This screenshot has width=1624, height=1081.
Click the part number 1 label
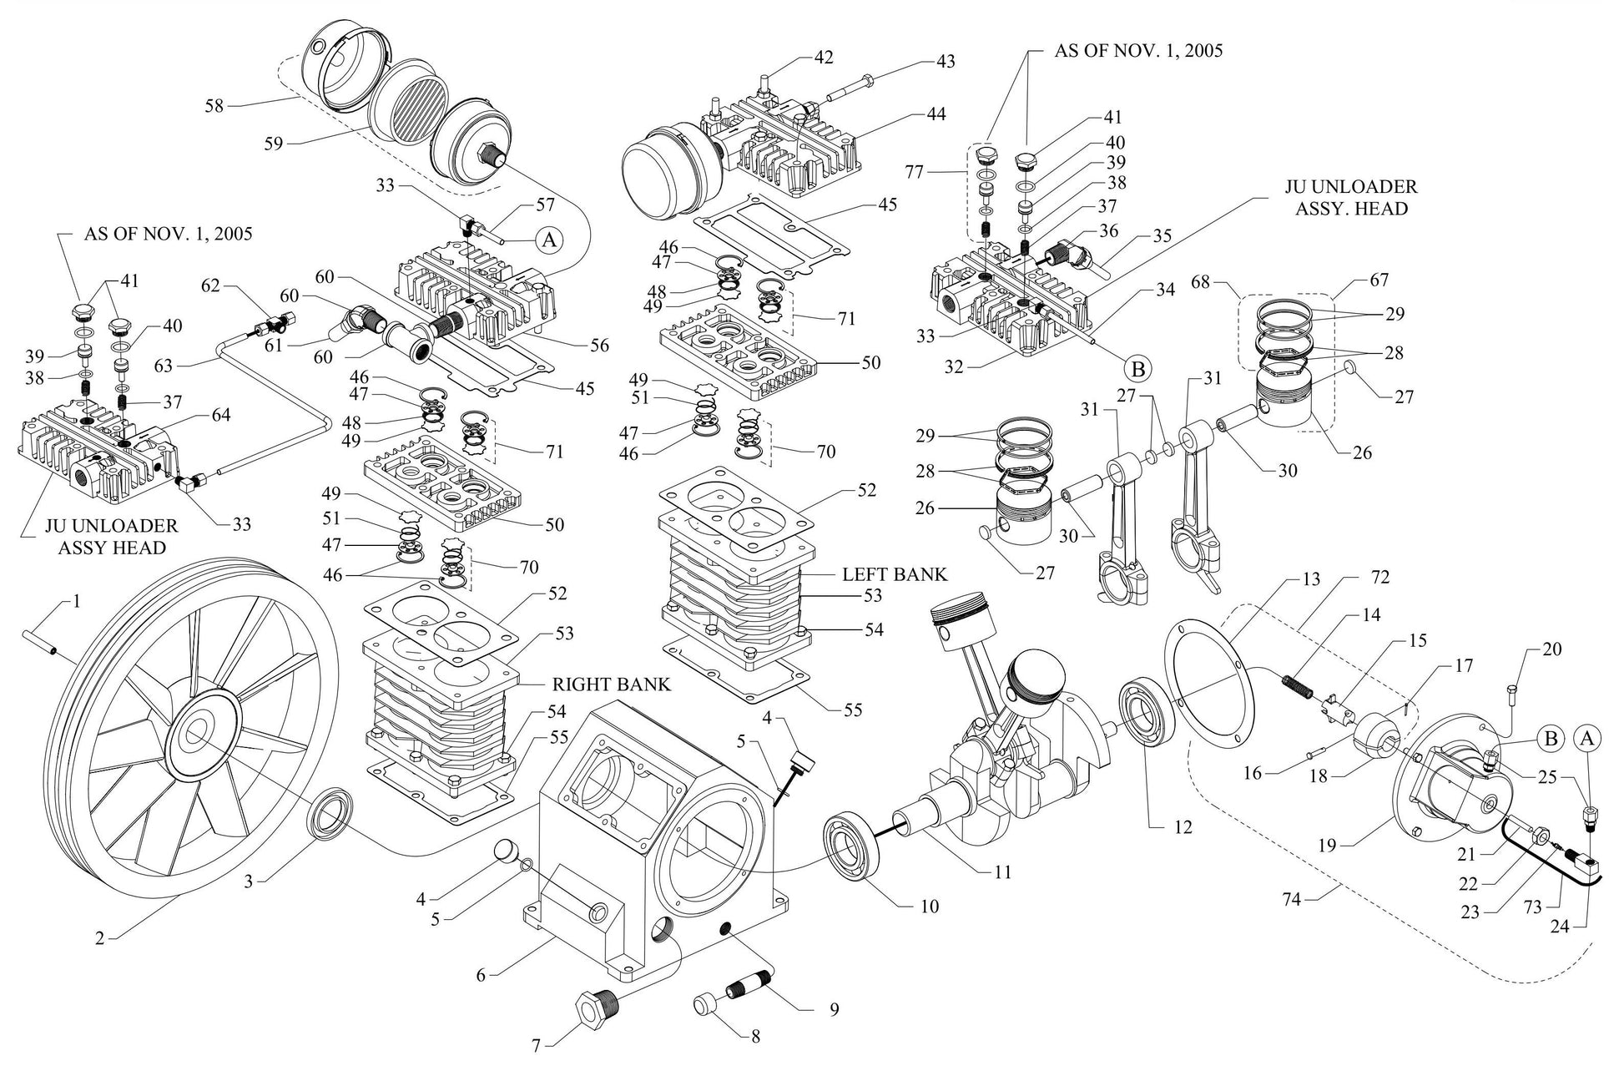click(77, 600)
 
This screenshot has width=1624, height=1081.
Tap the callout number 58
click(214, 106)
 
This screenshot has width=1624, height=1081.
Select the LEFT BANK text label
click(894, 574)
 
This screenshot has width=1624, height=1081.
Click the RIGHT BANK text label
click(611, 684)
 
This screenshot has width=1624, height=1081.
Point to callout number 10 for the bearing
click(929, 907)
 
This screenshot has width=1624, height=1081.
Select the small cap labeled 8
click(708, 1005)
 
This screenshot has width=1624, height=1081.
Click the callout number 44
click(936, 114)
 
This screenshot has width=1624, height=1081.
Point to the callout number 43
click(945, 61)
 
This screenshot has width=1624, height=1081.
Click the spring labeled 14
click(1298, 688)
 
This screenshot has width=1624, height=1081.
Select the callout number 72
click(1379, 577)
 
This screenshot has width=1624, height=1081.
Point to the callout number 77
click(915, 173)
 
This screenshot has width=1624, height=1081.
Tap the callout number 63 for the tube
click(164, 365)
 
